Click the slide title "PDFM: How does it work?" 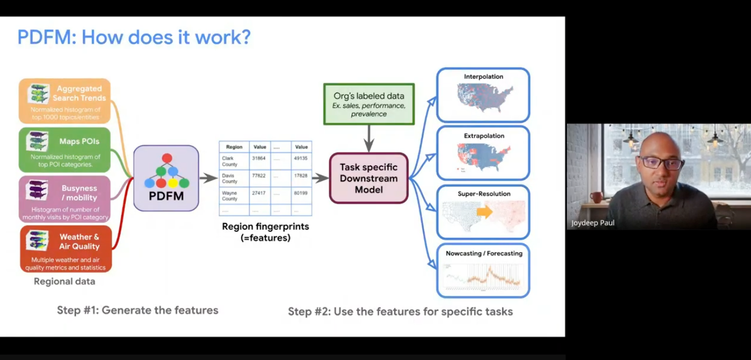tap(134, 37)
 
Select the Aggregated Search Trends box tap(65, 101)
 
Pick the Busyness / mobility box tap(65, 199)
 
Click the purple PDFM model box tap(167, 178)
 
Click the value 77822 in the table tap(260, 176)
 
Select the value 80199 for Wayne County tap(301, 193)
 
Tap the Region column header tap(234, 147)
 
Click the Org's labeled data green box tap(369, 104)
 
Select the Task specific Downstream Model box tap(369, 178)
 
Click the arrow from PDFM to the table tap(208, 178)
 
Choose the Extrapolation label tap(483, 135)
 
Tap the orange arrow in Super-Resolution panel tap(484, 212)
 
